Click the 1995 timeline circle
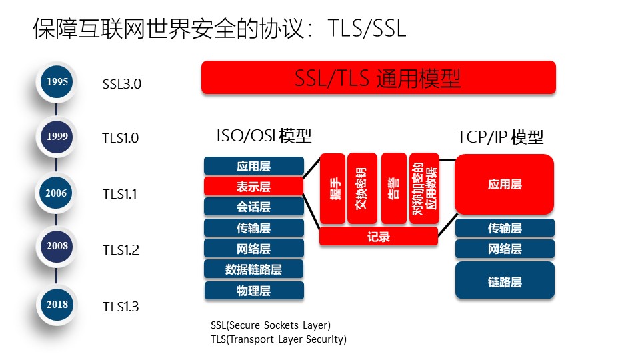coord(57,82)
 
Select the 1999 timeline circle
coord(57,136)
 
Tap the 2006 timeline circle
coord(57,193)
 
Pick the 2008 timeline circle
coord(57,246)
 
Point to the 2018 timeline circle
coord(57,304)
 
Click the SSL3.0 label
coord(122,85)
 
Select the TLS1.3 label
coord(121,307)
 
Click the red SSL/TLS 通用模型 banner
coord(378,78)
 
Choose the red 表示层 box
coord(253,186)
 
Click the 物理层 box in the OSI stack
coord(253,291)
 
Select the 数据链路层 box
coord(253,269)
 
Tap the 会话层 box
coord(253,207)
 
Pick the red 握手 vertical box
coord(333,189)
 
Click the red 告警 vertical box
coord(393,189)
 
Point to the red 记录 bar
coord(378,237)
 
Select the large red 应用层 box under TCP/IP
coord(505,185)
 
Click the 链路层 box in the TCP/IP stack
coord(505,281)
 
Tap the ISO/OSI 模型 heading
coord(264,136)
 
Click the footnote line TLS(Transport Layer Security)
coord(279,339)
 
